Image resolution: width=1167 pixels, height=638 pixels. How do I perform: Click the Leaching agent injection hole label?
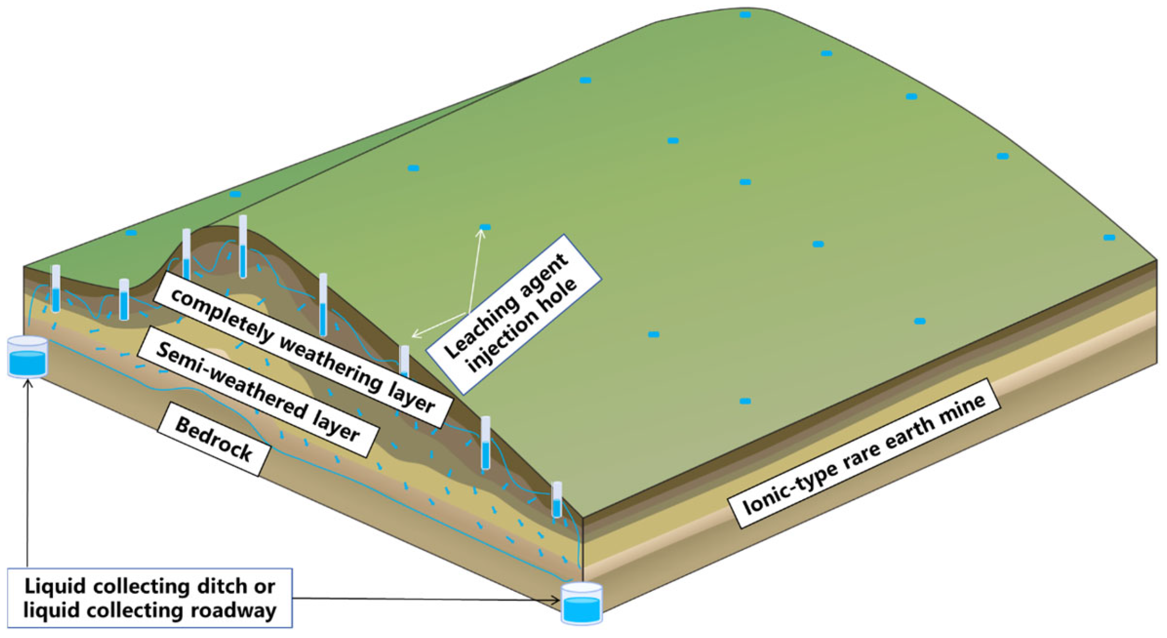(513, 314)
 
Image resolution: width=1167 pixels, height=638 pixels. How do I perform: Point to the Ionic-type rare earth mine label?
(864, 455)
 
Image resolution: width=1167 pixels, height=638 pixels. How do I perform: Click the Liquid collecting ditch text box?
(150, 598)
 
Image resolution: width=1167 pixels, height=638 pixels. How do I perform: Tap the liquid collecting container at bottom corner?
(582, 604)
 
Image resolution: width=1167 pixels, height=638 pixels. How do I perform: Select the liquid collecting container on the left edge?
(27, 357)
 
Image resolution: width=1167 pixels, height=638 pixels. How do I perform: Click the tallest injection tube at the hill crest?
(243, 247)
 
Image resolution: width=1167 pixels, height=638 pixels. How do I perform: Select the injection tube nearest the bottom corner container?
(557, 500)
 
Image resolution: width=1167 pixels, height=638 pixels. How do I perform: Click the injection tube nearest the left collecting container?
(55, 288)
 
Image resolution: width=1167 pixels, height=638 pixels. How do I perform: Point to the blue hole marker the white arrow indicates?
(485, 227)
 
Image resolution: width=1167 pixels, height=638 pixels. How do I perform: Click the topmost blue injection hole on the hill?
(745, 15)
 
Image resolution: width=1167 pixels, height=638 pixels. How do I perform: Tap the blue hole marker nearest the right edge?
(1109, 237)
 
